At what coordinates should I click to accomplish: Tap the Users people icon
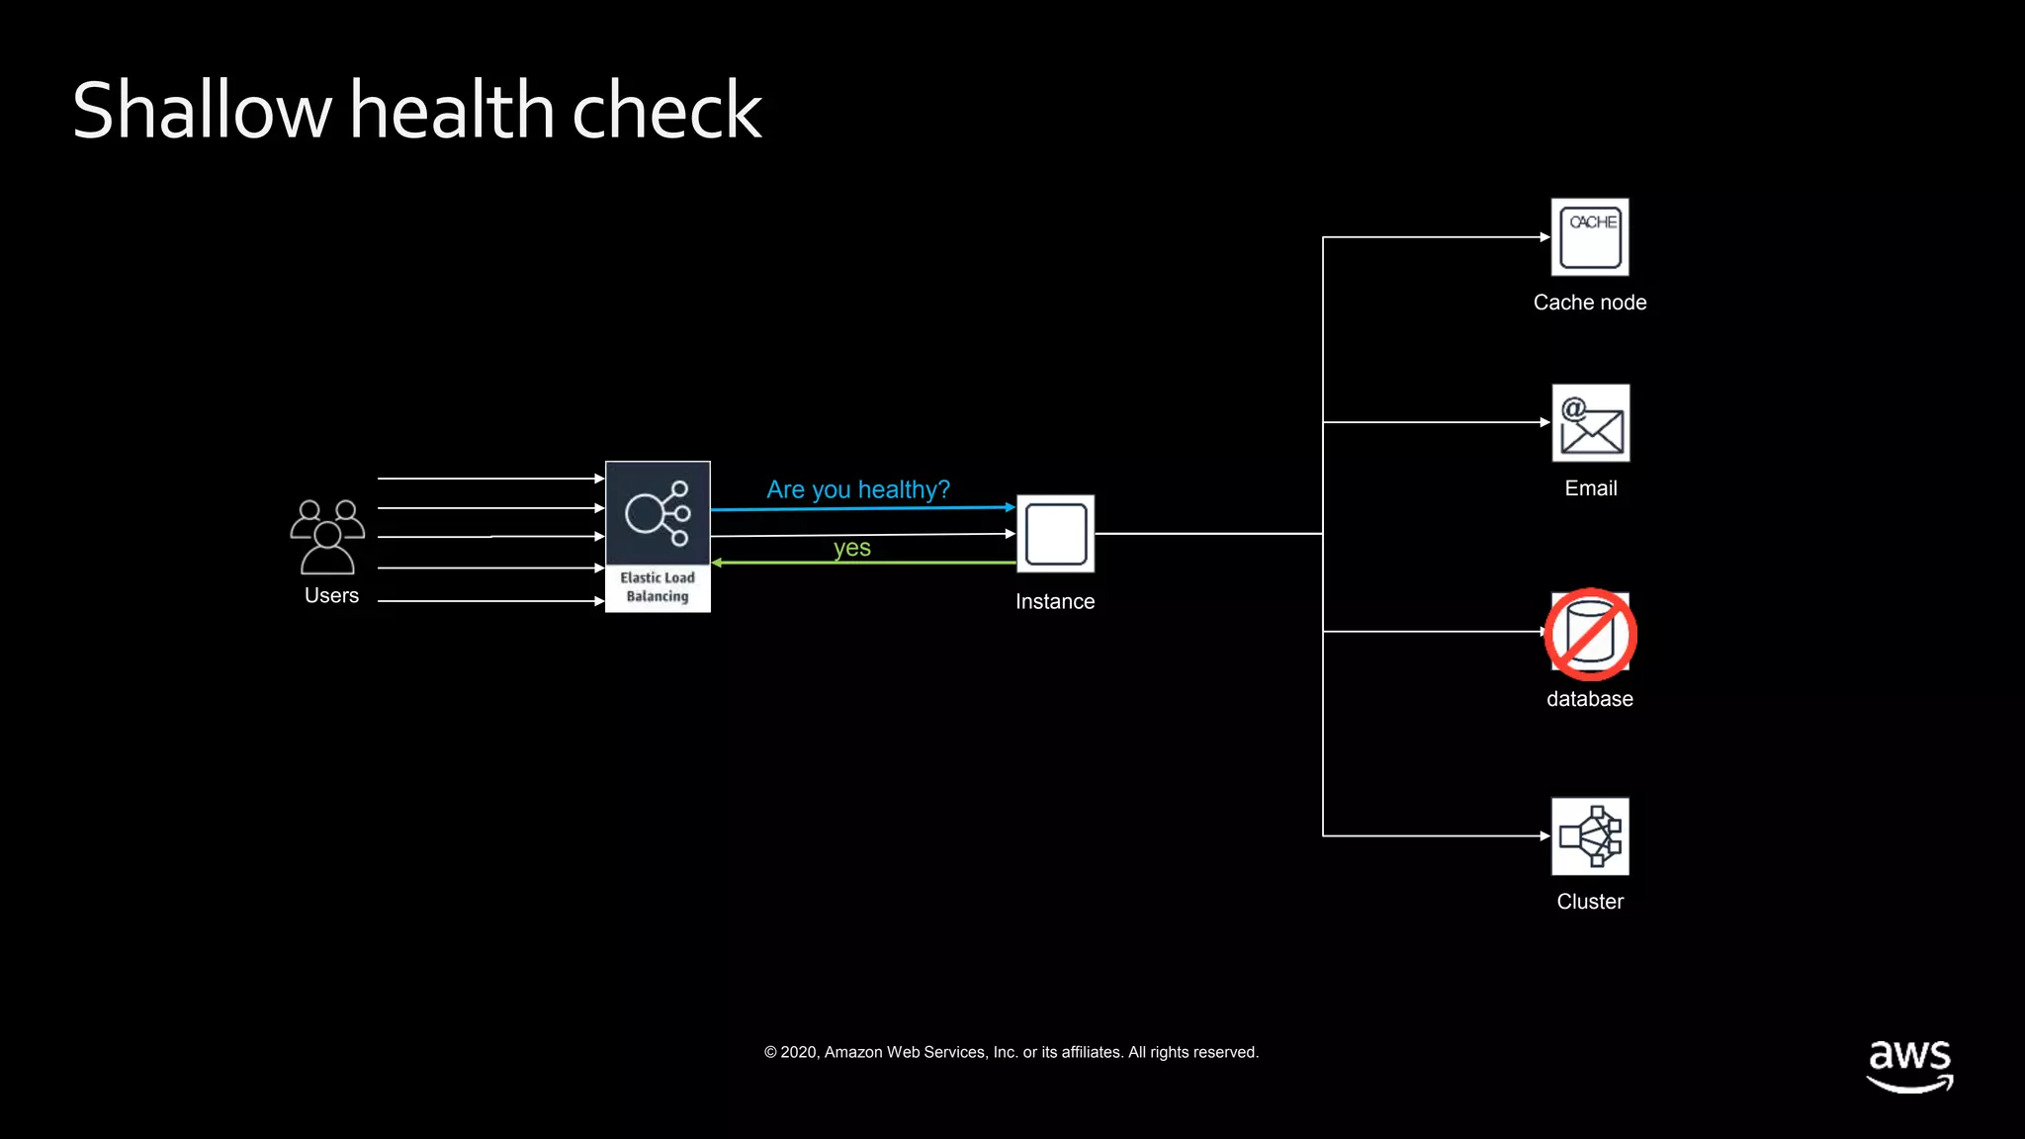(327, 537)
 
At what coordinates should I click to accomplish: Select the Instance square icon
(1056, 534)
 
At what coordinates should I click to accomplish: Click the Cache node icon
(1590, 237)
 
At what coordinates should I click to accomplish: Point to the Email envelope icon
(1591, 423)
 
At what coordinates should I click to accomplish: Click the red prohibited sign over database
(1591, 635)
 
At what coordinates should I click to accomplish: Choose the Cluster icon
(1590, 836)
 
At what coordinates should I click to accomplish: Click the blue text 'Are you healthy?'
(857, 489)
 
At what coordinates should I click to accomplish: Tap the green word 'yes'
(851, 548)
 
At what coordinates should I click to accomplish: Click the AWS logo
(1909, 1066)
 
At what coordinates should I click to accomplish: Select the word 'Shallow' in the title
(202, 111)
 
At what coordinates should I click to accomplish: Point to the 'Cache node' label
(1590, 303)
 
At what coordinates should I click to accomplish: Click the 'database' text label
(1590, 699)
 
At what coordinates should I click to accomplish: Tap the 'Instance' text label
(1055, 602)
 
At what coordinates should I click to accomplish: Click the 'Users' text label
(331, 595)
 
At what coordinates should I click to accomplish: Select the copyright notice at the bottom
(1012, 1052)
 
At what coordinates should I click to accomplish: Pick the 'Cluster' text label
(1590, 902)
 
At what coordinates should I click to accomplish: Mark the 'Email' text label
(1591, 488)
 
